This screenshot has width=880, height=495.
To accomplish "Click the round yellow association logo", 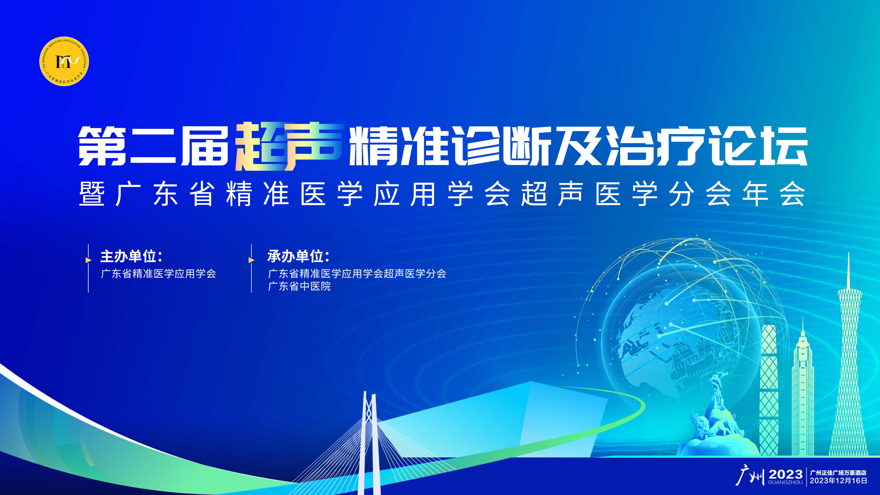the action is tap(64, 61).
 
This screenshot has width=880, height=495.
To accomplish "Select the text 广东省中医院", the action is tap(299, 286).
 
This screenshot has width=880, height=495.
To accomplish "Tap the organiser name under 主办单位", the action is tap(158, 274).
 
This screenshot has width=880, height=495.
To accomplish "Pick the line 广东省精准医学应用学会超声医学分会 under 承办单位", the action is tap(357, 274).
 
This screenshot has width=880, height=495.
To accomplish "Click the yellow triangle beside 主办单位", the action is tap(88, 260).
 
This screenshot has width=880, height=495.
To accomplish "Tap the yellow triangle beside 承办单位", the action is tap(251, 260).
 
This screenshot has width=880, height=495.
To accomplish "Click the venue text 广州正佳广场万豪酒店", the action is tap(838, 473).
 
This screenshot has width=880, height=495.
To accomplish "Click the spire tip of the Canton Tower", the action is tap(849, 253).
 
